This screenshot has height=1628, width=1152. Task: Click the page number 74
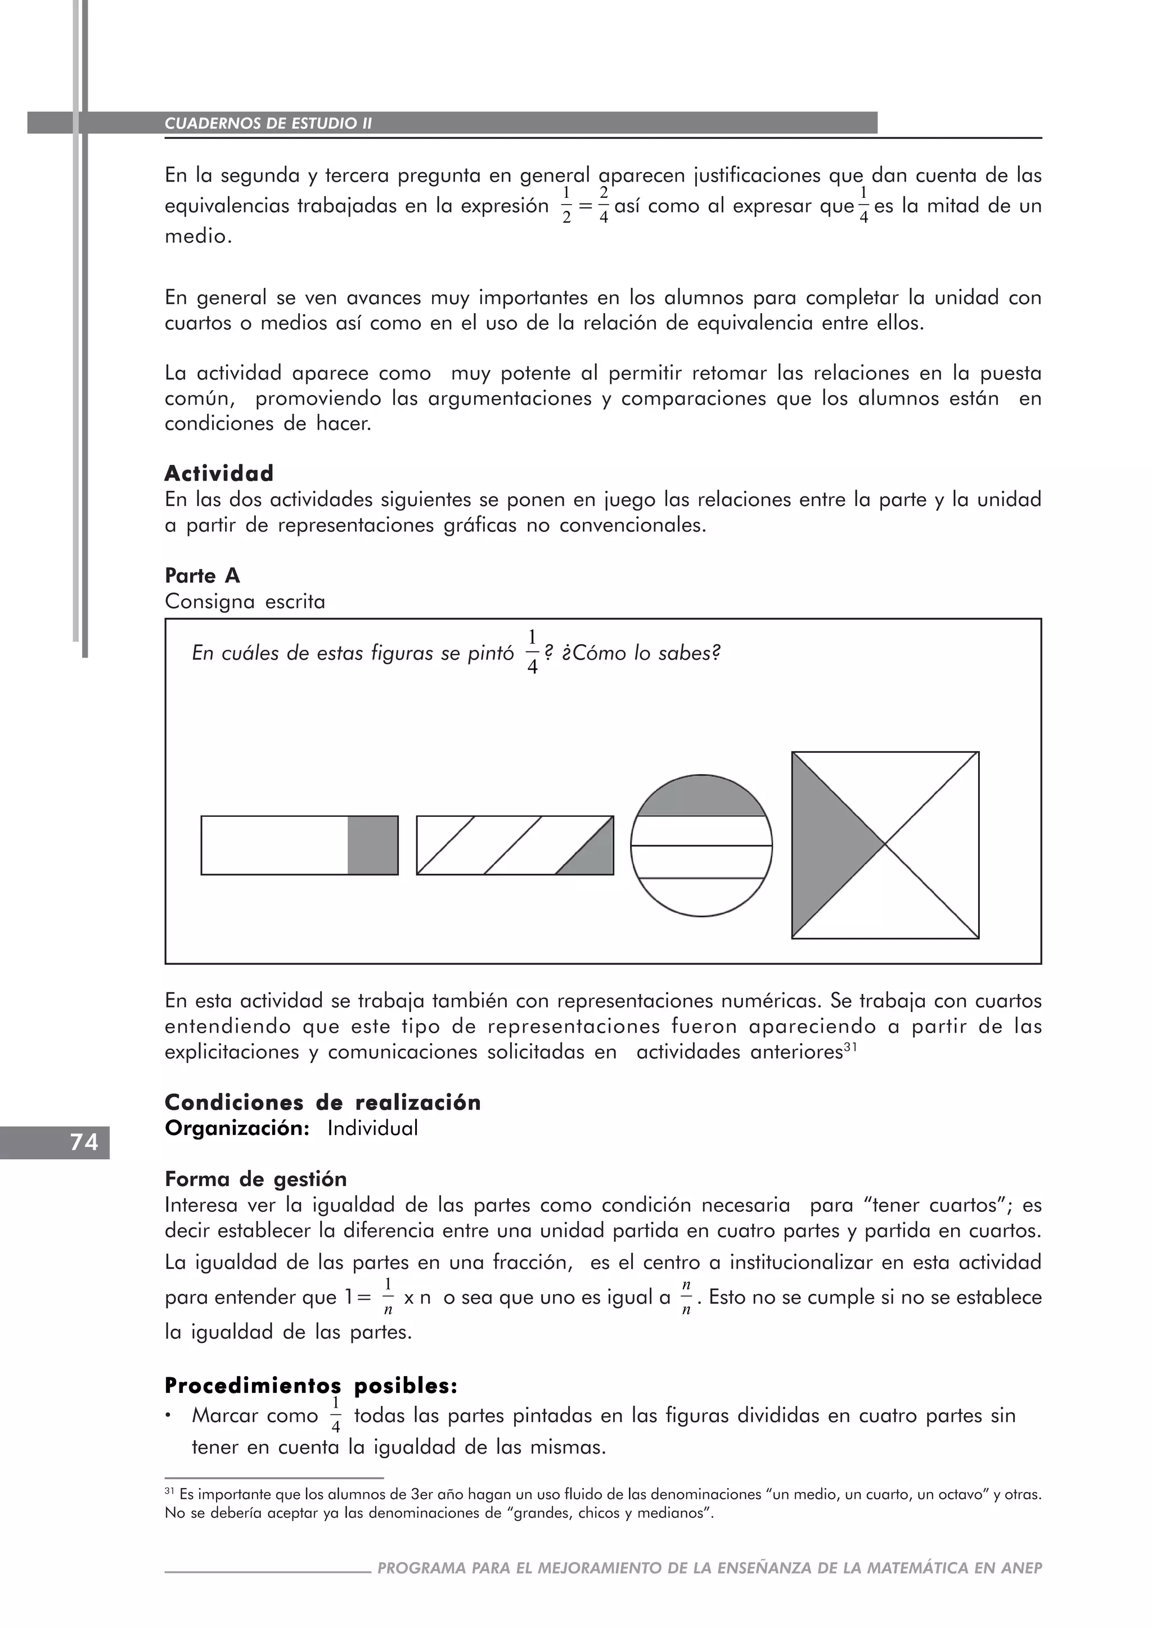(x=84, y=1142)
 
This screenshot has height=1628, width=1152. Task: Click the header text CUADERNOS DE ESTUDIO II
(x=268, y=123)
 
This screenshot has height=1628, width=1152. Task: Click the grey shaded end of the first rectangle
(x=372, y=845)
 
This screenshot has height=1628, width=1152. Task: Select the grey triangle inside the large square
(x=826, y=844)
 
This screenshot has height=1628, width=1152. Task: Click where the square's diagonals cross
(x=885, y=844)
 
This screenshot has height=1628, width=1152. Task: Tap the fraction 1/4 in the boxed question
(x=532, y=652)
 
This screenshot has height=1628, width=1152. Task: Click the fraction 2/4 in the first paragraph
(x=603, y=206)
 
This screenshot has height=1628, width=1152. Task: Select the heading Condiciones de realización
(x=323, y=1102)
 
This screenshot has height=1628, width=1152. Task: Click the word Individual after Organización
(x=372, y=1128)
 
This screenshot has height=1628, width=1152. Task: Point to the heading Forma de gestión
(x=255, y=1179)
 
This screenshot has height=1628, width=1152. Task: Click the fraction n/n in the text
(x=685, y=1297)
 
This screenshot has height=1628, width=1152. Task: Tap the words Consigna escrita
(x=245, y=602)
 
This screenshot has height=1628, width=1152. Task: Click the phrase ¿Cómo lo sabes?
(x=641, y=653)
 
